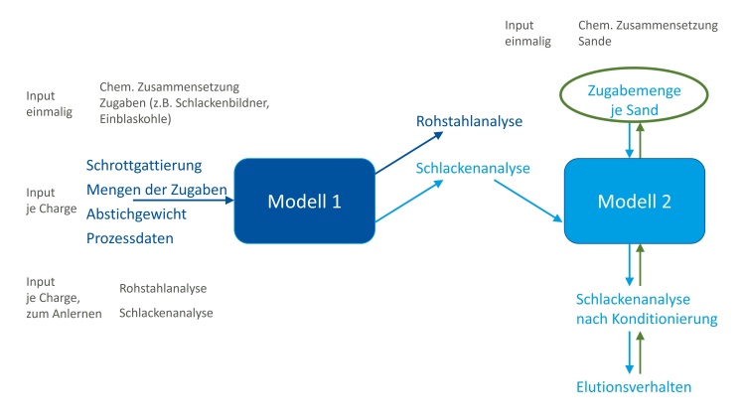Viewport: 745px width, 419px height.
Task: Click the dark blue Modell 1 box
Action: click(305, 201)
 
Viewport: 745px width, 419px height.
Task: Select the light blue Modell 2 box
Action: click(635, 201)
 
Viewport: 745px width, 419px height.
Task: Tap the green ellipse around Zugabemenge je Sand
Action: click(635, 69)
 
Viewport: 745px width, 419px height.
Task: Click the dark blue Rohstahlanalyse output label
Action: click(470, 121)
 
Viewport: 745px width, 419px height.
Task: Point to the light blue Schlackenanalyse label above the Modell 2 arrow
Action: click(473, 168)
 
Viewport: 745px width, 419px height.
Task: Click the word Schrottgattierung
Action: click(144, 166)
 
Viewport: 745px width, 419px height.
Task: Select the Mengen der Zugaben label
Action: click(157, 190)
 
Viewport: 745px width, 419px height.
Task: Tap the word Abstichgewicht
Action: click(136, 214)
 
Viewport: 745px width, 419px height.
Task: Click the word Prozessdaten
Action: click(130, 238)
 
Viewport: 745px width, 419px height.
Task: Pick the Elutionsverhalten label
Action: click(634, 386)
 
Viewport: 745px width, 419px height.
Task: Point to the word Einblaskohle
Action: click(135, 119)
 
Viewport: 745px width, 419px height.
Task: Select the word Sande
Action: click(594, 42)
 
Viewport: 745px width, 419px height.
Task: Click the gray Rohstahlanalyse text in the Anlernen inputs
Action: click(163, 288)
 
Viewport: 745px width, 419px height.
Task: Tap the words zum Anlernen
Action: click(64, 314)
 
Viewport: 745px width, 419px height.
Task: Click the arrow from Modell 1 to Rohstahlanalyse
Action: click(409, 153)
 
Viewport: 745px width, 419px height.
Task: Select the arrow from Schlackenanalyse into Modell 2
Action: click(528, 201)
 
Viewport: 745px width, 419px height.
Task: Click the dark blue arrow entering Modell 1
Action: click(184, 201)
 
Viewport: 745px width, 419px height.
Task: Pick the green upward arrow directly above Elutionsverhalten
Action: click(640, 352)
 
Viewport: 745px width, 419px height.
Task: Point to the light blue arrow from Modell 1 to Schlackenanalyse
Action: click(409, 201)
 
